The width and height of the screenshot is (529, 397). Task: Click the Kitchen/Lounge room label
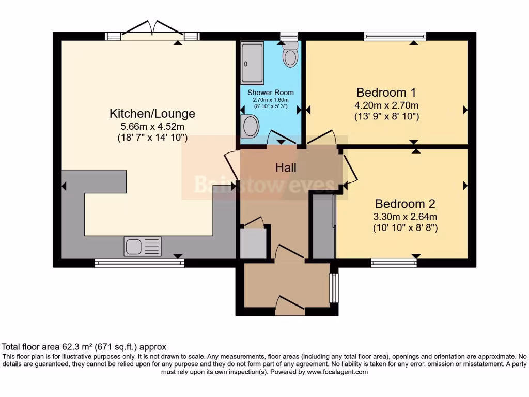click(152, 113)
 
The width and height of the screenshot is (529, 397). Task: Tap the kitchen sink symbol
click(143, 246)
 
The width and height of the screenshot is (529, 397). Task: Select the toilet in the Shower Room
click(290, 54)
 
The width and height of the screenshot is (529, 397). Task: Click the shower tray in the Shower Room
click(252, 63)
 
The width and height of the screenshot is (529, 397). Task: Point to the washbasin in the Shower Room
click(250, 126)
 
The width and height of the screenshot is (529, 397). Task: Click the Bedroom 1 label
click(386, 92)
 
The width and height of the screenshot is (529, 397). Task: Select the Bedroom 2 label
click(405, 204)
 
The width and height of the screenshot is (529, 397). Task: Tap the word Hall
click(286, 167)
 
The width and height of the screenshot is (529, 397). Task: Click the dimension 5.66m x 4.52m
click(152, 127)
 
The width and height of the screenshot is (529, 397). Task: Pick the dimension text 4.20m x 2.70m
click(386, 105)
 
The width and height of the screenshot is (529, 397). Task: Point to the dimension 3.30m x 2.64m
click(405, 217)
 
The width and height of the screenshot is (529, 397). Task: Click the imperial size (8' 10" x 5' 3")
click(271, 106)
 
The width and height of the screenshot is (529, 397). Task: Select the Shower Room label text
click(271, 93)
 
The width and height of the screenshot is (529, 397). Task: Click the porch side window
click(334, 288)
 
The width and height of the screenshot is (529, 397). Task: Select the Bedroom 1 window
click(395, 36)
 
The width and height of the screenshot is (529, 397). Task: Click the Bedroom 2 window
click(394, 263)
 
